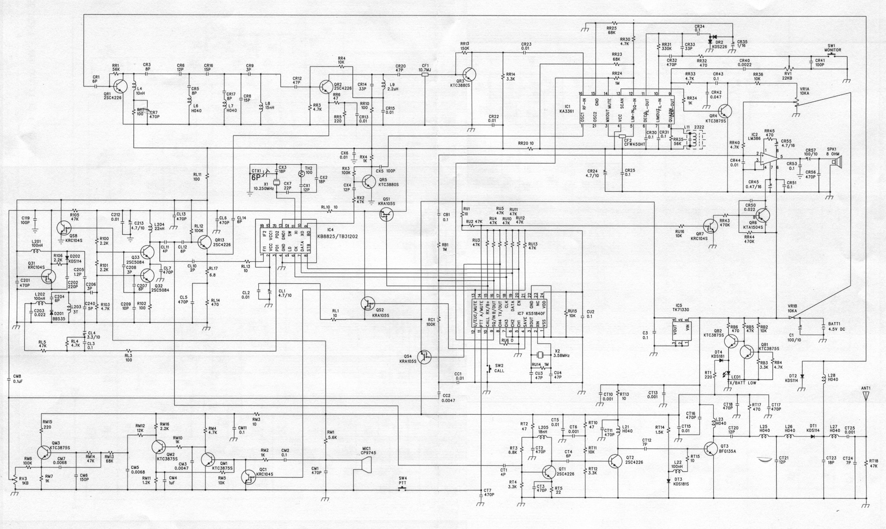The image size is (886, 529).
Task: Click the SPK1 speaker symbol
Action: click(x=834, y=162)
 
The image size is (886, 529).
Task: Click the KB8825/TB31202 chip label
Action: click(x=340, y=237)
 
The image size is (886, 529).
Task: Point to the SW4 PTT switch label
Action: click(x=402, y=480)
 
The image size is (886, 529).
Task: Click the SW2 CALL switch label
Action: click(x=499, y=368)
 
